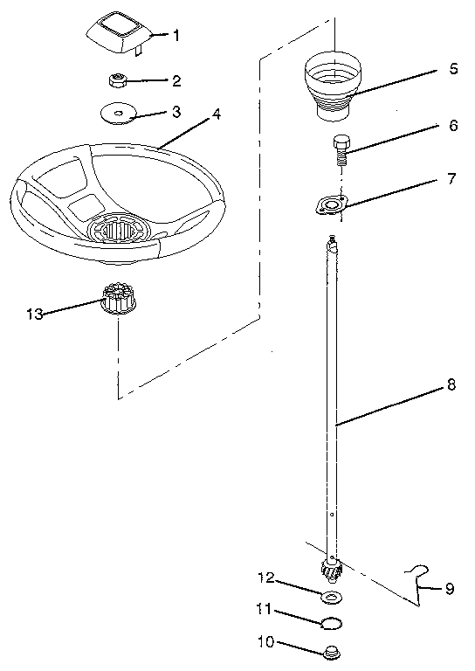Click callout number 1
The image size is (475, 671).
click(176, 36)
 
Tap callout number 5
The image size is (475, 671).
click(453, 69)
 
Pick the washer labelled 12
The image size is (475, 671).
click(331, 598)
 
